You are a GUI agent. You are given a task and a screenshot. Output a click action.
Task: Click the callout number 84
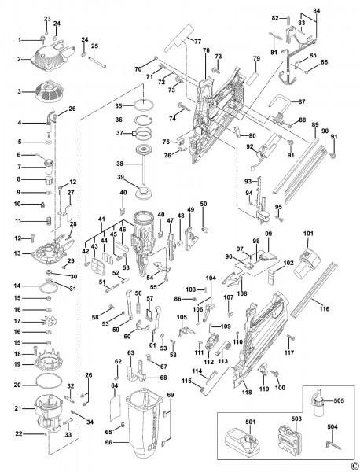point(317,12)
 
